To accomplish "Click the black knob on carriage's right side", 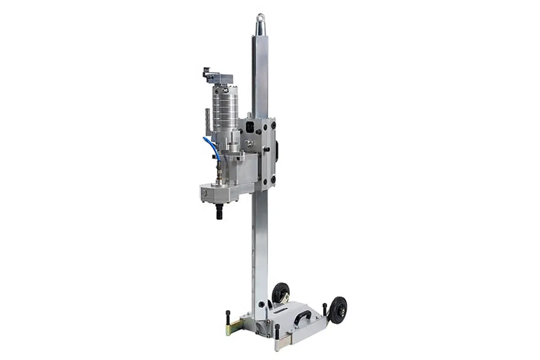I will pos(278,151).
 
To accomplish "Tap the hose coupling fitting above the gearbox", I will pos(217,169).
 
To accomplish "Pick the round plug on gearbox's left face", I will pos(204,193).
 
